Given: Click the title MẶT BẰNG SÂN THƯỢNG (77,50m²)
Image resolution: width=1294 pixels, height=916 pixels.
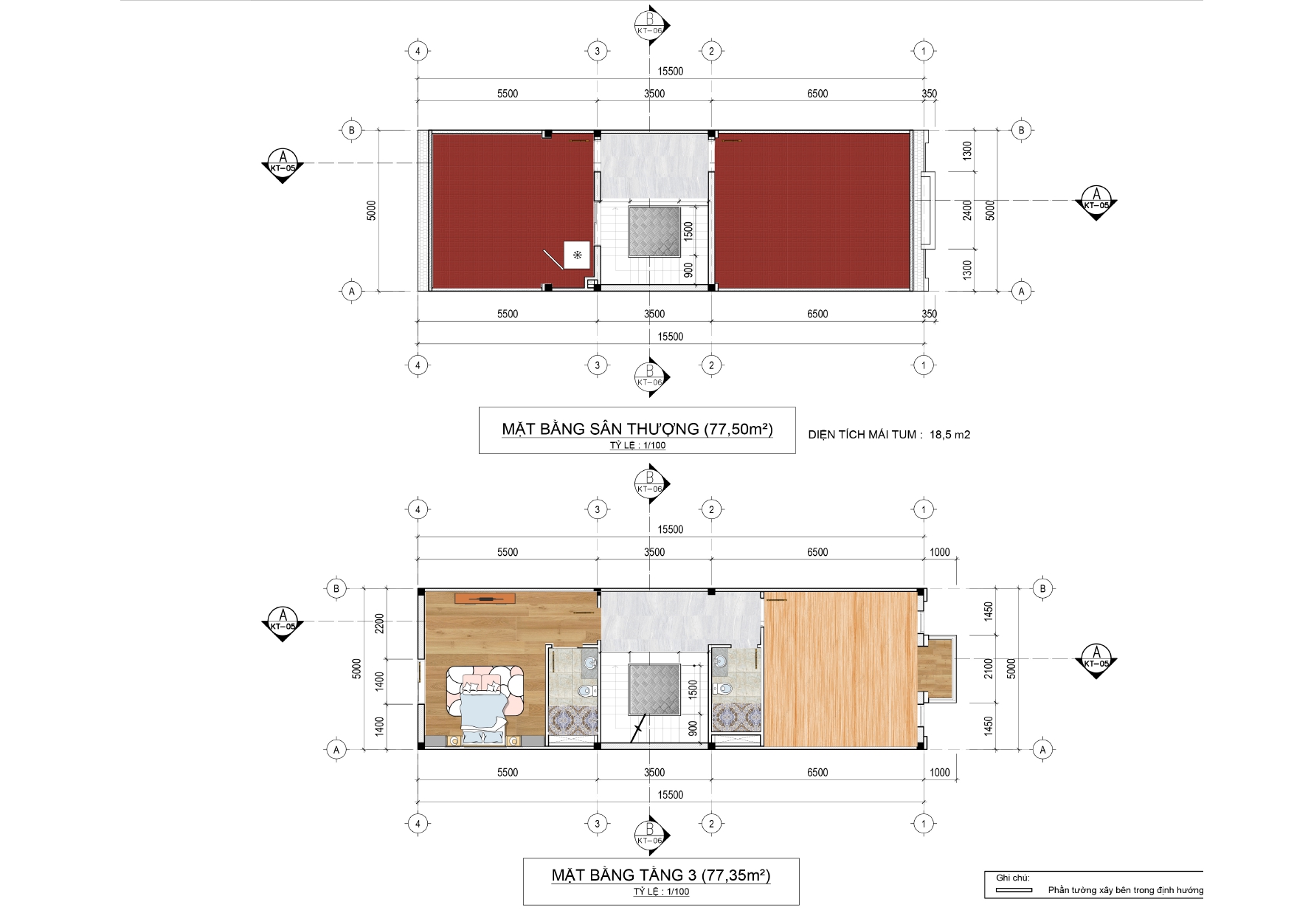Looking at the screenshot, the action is click(x=637, y=429).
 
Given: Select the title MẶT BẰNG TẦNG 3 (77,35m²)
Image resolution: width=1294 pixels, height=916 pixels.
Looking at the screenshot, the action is click(x=661, y=875).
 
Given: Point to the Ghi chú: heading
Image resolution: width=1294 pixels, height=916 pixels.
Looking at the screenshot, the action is click(x=1012, y=878).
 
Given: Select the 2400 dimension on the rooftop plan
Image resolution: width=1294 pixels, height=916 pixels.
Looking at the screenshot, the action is click(x=967, y=210).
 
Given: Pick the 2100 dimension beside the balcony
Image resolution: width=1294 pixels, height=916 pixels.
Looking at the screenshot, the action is click(x=989, y=669).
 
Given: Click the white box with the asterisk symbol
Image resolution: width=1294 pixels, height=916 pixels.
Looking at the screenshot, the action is click(x=577, y=255).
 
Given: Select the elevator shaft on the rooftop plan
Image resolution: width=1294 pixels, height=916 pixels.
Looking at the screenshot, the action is click(x=654, y=232).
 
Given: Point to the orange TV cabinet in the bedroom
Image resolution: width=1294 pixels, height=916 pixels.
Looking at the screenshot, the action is click(x=485, y=597).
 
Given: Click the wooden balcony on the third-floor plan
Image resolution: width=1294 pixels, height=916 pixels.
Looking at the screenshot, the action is click(x=936, y=669).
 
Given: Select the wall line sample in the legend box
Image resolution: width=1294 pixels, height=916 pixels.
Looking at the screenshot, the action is click(x=1014, y=890).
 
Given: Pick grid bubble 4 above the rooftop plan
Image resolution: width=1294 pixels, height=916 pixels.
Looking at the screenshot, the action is click(x=418, y=51).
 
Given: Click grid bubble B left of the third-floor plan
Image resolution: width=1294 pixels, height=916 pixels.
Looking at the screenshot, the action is click(x=336, y=588).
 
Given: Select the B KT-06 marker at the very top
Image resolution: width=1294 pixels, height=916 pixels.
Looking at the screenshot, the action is click(x=651, y=24).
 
